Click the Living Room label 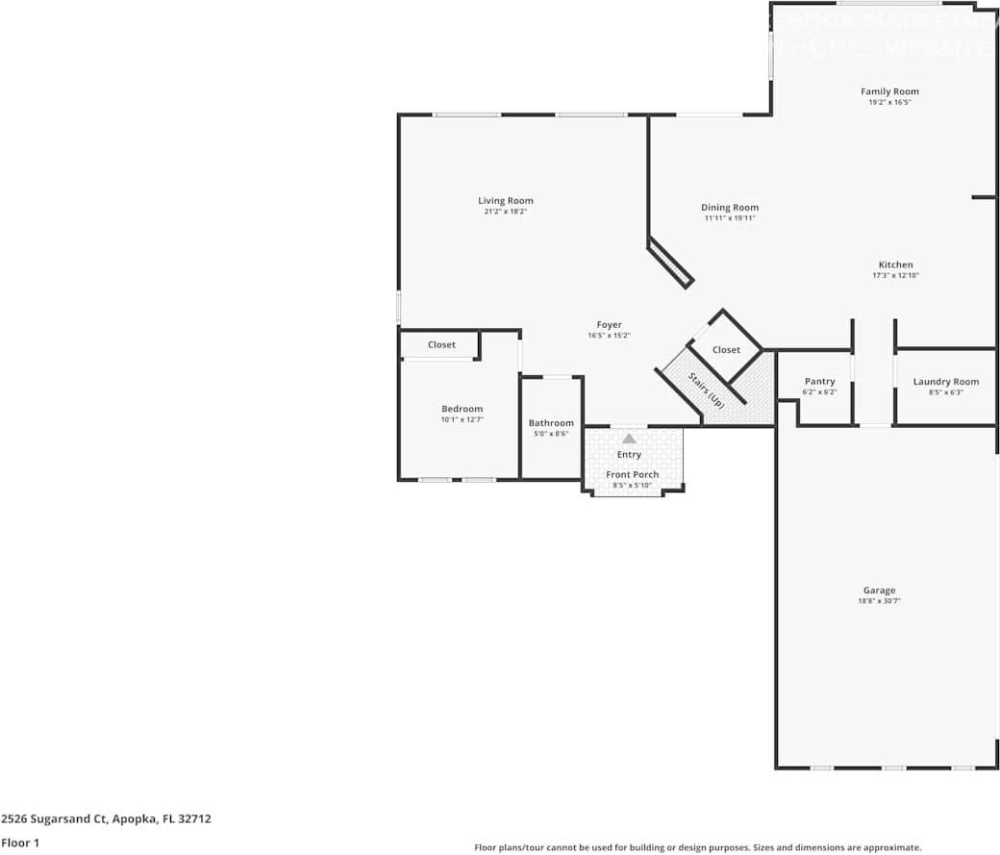click(505, 201)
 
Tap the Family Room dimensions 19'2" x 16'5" click(889, 102)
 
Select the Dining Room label click(729, 208)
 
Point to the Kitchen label click(895, 265)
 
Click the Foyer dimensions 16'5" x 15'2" click(609, 336)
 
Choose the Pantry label click(819, 382)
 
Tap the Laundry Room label click(945, 382)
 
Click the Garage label click(879, 591)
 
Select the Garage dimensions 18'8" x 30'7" click(879, 601)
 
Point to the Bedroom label click(462, 409)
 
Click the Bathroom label click(551, 423)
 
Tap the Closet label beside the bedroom click(441, 344)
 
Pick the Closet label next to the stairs click(726, 350)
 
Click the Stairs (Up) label click(706, 390)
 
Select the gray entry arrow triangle click(629, 439)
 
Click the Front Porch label click(632, 475)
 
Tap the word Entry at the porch click(629, 455)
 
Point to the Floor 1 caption click(19, 842)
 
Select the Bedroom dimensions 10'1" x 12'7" click(462, 419)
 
